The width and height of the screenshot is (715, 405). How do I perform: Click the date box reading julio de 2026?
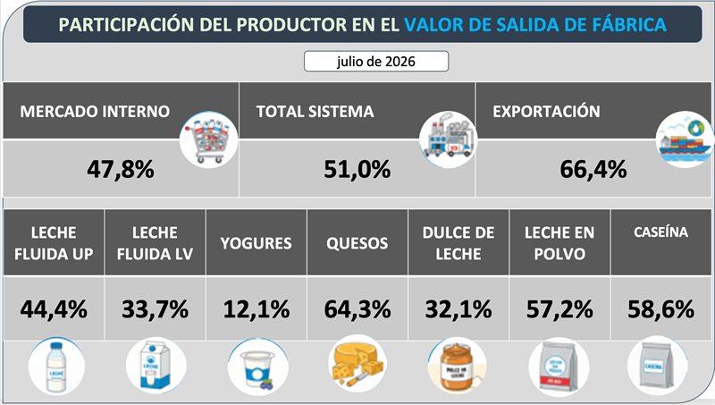pos(376,61)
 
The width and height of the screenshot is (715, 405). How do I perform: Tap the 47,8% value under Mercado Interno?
pos(121,169)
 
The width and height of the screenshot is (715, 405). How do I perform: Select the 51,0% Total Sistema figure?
pos(357,169)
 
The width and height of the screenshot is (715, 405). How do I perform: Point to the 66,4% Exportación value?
pos(593,169)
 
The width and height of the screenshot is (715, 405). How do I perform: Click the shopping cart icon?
pos(209,139)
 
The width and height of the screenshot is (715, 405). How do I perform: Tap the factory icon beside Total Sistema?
pos(448,139)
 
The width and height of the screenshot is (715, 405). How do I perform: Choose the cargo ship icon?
pos(685,139)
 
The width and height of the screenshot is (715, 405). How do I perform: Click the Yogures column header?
pos(257,242)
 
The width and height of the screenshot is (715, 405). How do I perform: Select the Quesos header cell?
pos(357,242)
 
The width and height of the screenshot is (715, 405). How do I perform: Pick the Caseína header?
pos(660,242)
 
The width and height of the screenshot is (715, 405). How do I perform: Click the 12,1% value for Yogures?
pos(257,309)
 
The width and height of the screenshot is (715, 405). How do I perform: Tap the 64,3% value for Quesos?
pos(357,309)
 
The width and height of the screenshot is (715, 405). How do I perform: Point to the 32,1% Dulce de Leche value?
pos(458,309)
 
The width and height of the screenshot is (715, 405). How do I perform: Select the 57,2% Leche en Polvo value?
pos(560,309)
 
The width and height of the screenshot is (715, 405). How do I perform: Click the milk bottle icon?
pos(56,367)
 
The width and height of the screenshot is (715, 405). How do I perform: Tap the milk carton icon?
pos(156,367)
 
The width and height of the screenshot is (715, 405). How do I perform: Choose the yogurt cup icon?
pos(258,367)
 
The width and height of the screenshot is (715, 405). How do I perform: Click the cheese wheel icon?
pos(357,364)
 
